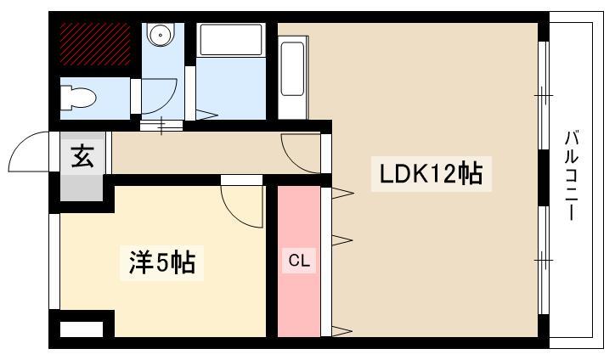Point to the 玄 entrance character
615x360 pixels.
click(x=82, y=157)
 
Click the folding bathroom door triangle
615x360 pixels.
click(x=206, y=114)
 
